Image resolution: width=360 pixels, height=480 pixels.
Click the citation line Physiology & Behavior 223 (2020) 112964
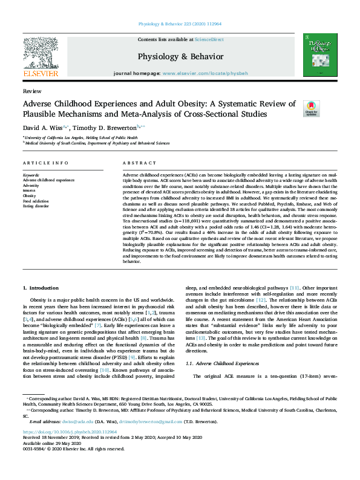(180, 25)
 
